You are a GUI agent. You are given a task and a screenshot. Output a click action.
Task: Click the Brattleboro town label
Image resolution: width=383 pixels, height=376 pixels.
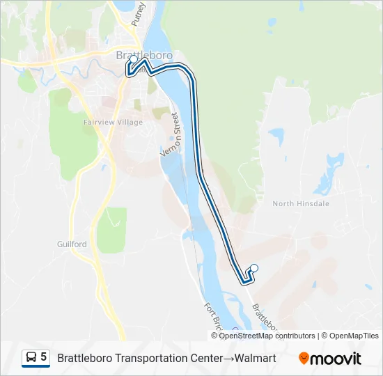pyautogui.click(x=143, y=55)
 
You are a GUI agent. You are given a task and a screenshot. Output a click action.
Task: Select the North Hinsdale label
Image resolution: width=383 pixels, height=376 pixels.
pyautogui.click(x=300, y=203)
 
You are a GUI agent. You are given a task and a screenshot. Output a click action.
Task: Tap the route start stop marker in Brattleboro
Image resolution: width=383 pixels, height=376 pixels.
pyautogui.click(x=134, y=60)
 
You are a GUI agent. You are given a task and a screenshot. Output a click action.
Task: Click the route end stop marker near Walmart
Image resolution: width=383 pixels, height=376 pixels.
pyautogui.click(x=254, y=268)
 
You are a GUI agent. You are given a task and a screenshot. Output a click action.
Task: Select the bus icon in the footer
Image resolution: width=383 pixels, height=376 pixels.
pyautogui.click(x=31, y=357)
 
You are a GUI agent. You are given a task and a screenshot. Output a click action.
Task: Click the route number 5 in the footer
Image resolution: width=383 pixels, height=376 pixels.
pyautogui.click(x=44, y=357)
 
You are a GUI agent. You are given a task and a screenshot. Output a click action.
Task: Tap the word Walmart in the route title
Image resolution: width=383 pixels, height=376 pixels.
pyautogui.click(x=255, y=358)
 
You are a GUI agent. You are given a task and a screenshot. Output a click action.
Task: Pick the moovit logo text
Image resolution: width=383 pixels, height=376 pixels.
pyautogui.click(x=336, y=359)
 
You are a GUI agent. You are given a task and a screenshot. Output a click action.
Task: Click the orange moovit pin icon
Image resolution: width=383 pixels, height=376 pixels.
pyautogui.click(x=304, y=359)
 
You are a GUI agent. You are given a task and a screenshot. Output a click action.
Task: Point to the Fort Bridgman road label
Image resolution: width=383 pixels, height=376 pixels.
pyautogui.click(x=212, y=317)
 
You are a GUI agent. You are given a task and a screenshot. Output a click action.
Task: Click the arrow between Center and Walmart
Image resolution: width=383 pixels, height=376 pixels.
pyautogui.click(x=228, y=358)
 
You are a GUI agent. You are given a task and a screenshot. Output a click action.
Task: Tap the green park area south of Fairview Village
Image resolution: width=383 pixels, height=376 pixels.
pyautogui.click(x=111, y=230)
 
